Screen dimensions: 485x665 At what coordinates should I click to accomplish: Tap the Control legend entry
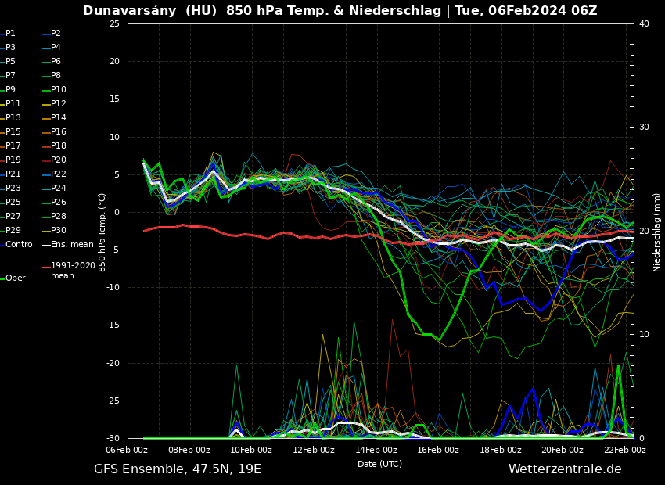(20, 244)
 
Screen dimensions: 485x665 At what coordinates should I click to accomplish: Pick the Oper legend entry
(15, 278)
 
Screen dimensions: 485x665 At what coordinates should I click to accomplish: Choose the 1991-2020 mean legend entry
(73, 271)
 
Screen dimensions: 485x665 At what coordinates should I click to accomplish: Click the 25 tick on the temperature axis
(114, 23)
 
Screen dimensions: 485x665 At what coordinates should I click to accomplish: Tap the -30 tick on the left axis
(113, 438)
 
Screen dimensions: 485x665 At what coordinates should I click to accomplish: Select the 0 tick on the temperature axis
(117, 212)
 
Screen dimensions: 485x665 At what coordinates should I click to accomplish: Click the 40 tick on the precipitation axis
(644, 23)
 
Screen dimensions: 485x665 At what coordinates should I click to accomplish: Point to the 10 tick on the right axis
(644, 335)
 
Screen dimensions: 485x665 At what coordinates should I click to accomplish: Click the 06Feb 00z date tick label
(127, 451)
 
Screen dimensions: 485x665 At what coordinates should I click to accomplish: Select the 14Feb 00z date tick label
(376, 451)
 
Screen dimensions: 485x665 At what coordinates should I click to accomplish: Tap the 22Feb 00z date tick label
(624, 451)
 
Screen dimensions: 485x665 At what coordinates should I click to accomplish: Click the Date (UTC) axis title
(379, 464)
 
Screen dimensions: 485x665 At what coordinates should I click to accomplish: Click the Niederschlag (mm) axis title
(657, 232)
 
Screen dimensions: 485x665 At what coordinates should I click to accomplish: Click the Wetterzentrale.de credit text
(565, 469)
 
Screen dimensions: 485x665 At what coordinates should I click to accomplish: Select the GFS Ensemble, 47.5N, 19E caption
(178, 469)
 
